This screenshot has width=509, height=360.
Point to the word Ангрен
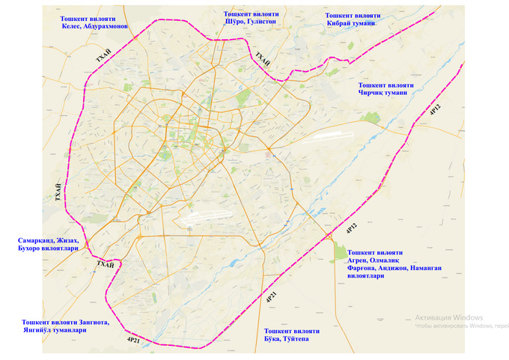coord(364,260)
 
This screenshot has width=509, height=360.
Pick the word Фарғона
coord(364,268)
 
